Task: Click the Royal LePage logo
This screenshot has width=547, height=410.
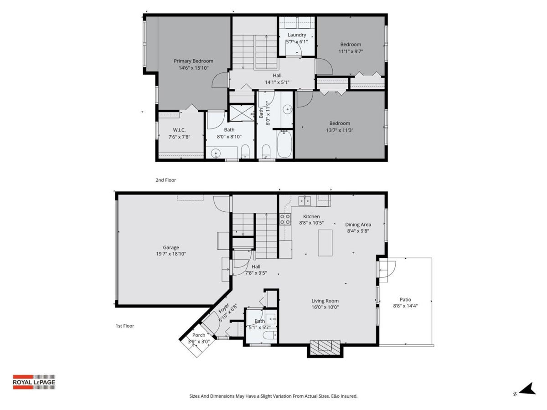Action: pyautogui.click(x=34, y=382)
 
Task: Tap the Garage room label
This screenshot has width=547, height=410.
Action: pyautogui.click(x=171, y=247)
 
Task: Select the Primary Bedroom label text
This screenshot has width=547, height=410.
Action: pyautogui.click(x=193, y=61)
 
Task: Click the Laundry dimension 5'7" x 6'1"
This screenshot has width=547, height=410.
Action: pyautogui.click(x=297, y=42)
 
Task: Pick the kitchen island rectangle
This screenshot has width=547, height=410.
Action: pyautogui.click(x=325, y=243)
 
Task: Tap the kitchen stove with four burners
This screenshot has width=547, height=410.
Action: pyautogui.click(x=285, y=219)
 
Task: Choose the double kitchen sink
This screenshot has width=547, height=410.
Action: pyautogui.click(x=304, y=200)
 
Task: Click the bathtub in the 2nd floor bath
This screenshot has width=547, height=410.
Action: pyautogui.click(x=284, y=144)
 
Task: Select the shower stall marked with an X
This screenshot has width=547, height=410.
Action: pyautogui.click(x=242, y=113)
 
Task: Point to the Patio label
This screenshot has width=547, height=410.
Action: pyautogui.click(x=405, y=299)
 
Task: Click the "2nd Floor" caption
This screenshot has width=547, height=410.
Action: pyautogui.click(x=166, y=180)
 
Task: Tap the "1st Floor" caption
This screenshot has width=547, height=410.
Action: pyautogui.click(x=125, y=326)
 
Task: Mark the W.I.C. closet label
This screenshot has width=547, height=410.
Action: pyautogui.click(x=179, y=130)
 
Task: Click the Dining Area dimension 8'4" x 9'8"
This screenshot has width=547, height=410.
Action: pyautogui.click(x=358, y=231)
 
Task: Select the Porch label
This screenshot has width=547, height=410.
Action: pyautogui.click(x=199, y=335)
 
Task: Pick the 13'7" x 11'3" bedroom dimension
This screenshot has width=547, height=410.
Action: pyautogui.click(x=340, y=130)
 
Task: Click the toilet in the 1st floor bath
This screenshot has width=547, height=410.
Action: pyautogui.click(x=270, y=335)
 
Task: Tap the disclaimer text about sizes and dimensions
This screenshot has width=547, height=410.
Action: pyautogui.click(x=273, y=396)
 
